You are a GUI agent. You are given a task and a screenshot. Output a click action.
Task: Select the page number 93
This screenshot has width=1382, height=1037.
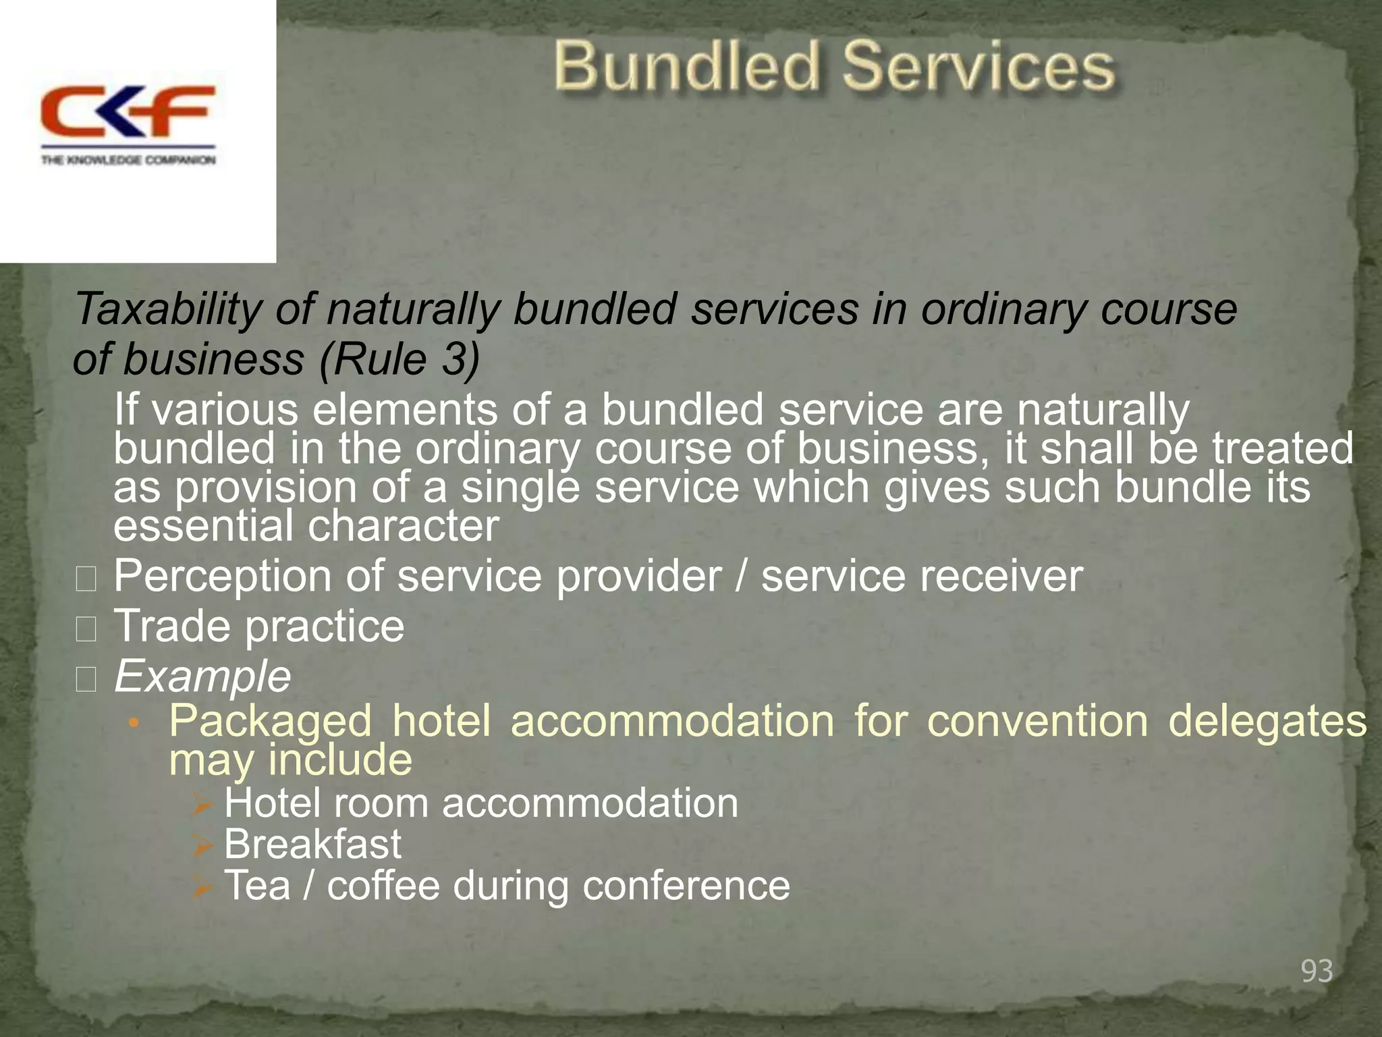[1317, 971]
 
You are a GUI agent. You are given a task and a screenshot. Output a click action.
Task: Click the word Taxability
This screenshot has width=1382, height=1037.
[167, 309]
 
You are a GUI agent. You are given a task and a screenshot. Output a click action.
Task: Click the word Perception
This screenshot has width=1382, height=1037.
[223, 577]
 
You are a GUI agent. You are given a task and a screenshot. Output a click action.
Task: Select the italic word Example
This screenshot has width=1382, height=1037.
[202, 676]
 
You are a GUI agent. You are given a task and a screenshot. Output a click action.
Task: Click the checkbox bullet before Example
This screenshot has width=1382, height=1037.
[86, 679]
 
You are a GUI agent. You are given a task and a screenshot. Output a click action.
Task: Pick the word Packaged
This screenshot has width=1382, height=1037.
[270, 721]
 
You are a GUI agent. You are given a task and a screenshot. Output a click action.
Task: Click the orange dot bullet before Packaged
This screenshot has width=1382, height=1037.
[134, 724]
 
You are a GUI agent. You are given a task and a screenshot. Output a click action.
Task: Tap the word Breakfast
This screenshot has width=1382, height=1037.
[312, 844]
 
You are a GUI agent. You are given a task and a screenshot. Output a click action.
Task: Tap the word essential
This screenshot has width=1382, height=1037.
[202, 526]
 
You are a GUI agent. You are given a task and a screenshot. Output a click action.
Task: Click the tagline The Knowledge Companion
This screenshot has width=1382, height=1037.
[128, 160]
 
